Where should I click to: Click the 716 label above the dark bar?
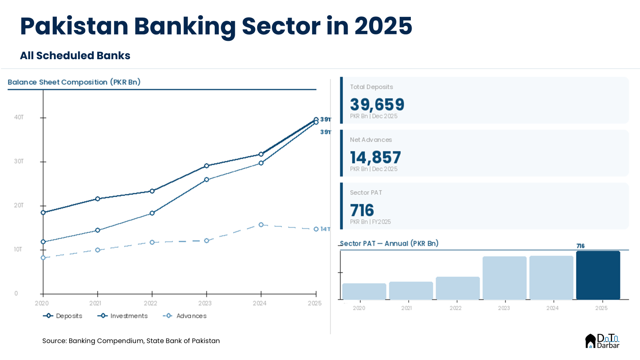click(x=580, y=246)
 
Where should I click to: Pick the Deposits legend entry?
click(x=63, y=316)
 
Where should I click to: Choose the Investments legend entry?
click(x=123, y=316)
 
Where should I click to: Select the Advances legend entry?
click(x=185, y=316)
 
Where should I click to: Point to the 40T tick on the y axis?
click(x=19, y=117)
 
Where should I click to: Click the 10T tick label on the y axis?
click(x=18, y=249)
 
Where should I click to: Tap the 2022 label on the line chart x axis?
click(x=150, y=303)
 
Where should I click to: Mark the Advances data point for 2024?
click(x=261, y=225)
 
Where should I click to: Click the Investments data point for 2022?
click(x=152, y=213)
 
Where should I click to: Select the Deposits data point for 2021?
click(x=98, y=199)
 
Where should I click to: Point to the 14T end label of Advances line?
click(x=325, y=229)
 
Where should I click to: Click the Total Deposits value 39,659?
click(x=377, y=105)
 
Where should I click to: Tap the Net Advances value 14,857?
click(x=375, y=158)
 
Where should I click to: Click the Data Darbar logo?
click(x=602, y=341)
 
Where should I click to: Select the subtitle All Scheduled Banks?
click(x=75, y=56)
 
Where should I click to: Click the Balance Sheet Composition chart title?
click(x=74, y=82)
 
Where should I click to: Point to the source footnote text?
click(x=131, y=341)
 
